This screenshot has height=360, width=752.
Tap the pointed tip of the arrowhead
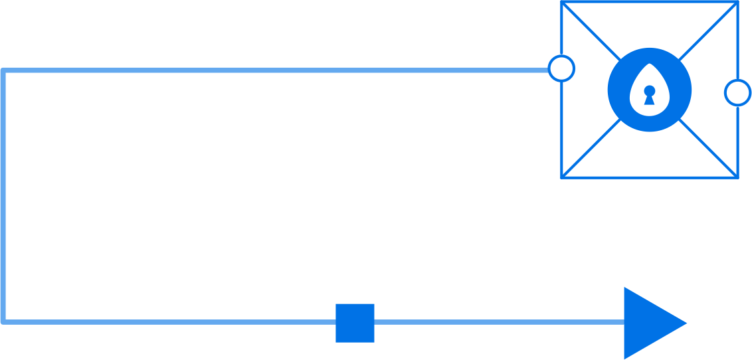coord(685,323)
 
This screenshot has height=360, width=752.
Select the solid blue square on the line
coord(355,323)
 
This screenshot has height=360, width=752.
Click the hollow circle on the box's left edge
coord(561,68)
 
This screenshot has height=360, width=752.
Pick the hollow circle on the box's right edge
coord(737,92)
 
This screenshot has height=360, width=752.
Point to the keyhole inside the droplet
coord(650,95)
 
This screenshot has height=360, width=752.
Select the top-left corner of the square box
coord(562,2)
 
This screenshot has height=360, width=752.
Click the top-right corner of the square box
coord(737,2)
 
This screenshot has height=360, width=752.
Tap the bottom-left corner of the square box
coord(562,177)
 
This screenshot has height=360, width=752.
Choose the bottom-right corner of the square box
coord(737,177)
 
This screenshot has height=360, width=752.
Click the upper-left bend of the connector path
coord(3,70)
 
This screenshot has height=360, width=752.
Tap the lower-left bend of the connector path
coord(3,322)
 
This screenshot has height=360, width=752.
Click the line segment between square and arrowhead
coord(498,322)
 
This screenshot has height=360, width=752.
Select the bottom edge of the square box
coord(650,177)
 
